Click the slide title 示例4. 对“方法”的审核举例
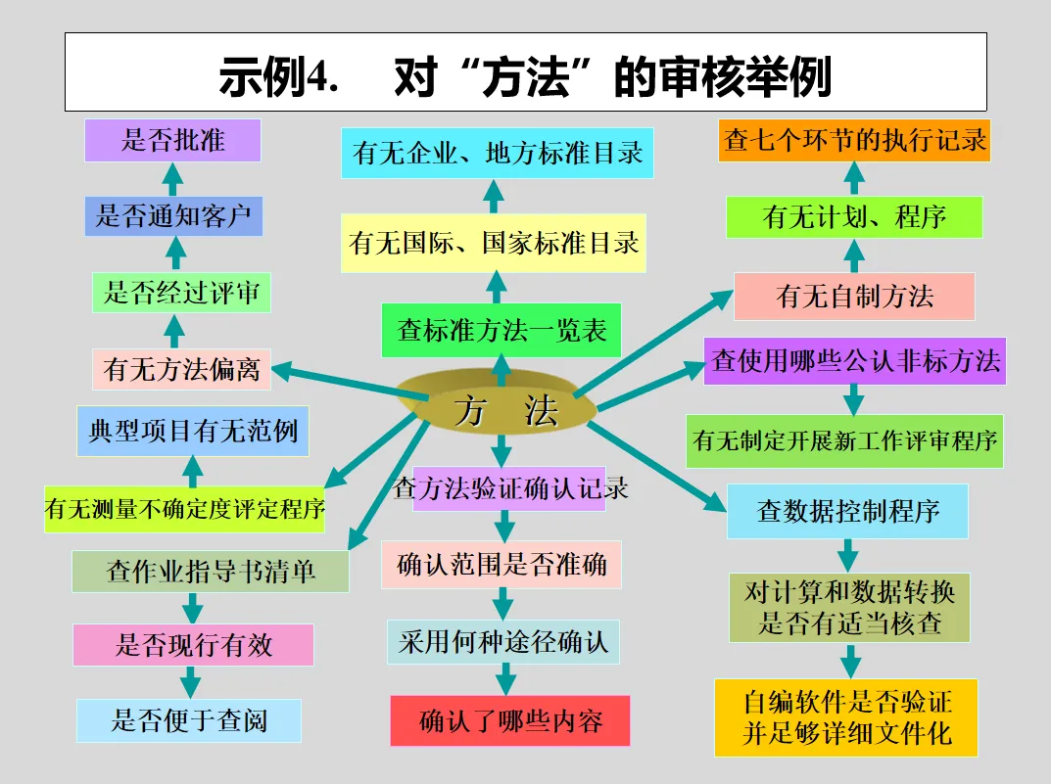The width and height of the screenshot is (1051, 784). pos(525,74)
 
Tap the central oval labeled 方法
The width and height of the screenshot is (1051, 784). pos(502,410)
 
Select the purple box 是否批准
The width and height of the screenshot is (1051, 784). pos(172,140)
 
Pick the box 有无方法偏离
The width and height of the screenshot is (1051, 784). pos(181,370)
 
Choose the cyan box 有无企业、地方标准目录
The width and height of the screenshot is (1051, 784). pos(498,154)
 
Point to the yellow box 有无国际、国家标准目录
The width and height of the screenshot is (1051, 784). pos(494,243)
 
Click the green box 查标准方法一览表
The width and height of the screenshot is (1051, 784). pos(502,331)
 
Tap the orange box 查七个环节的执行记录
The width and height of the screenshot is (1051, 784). pos(854,140)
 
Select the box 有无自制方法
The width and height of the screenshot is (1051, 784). pos(854,296)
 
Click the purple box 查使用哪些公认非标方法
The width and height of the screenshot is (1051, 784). pos(855,361)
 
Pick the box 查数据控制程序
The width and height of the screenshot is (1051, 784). pos(847,510)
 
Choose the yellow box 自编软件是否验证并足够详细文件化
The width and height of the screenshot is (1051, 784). pos(846,717)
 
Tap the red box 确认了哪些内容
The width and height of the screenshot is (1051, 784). pos(509,721)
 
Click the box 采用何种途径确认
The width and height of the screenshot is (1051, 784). pos(502,642)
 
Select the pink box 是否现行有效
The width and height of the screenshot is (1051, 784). pos(193,645)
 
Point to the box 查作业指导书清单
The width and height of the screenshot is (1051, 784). pos(210,571)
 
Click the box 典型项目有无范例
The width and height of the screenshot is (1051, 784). pos(193,432)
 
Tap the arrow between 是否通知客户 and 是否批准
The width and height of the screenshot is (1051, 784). pos(173,179)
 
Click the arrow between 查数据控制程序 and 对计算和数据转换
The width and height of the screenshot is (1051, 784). pos(848,556)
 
